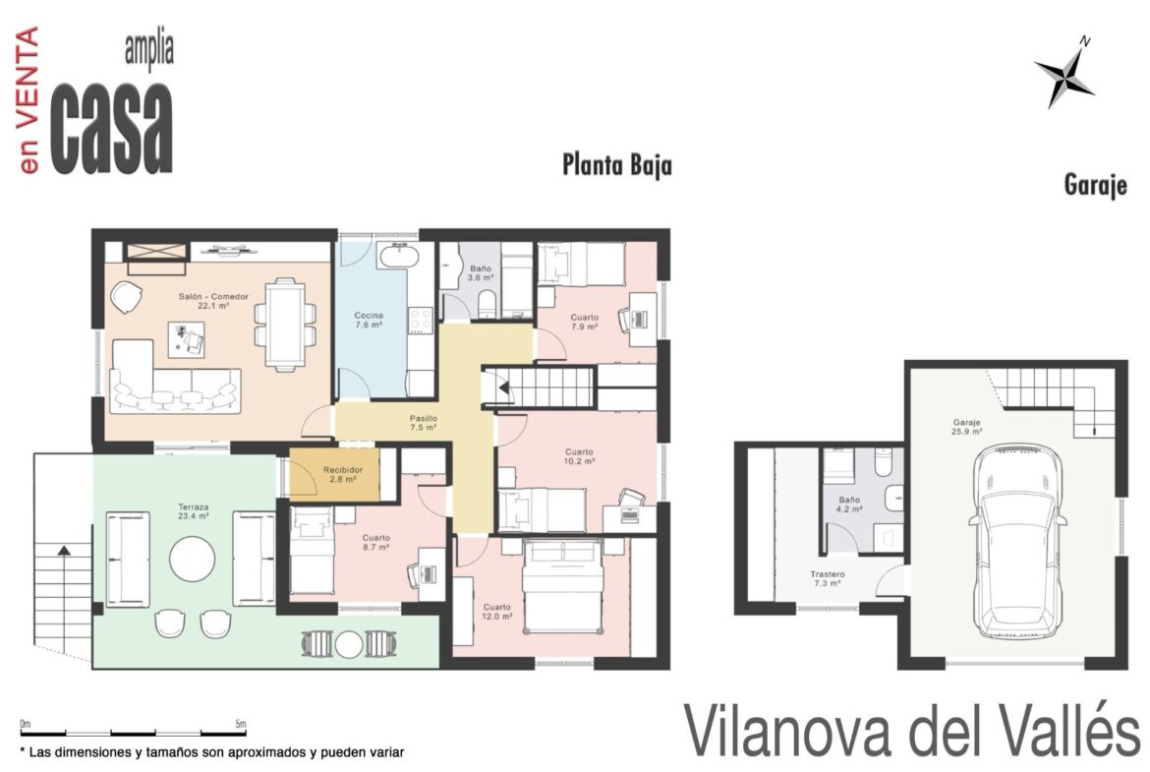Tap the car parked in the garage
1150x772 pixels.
click(x=1017, y=542)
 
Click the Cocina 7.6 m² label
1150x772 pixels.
click(x=369, y=320)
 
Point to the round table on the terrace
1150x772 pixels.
click(x=192, y=560)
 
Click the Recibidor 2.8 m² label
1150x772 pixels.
click(x=342, y=474)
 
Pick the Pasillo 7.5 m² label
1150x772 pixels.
click(x=424, y=423)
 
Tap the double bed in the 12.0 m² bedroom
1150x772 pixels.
click(x=563, y=585)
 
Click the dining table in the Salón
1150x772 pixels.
click(x=285, y=324)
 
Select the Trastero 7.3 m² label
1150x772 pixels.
click(x=828, y=579)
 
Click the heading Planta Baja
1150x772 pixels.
click(x=617, y=164)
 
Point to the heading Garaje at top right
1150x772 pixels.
click(x=1095, y=184)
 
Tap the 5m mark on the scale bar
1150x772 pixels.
click(x=241, y=724)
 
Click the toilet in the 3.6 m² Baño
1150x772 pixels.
click(x=487, y=305)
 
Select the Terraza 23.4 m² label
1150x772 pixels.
click(x=194, y=511)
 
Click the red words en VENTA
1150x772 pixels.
click(x=28, y=100)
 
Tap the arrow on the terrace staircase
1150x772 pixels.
click(x=65, y=549)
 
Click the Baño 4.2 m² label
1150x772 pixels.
click(x=849, y=505)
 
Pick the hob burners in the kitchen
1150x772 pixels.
click(x=421, y=320)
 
